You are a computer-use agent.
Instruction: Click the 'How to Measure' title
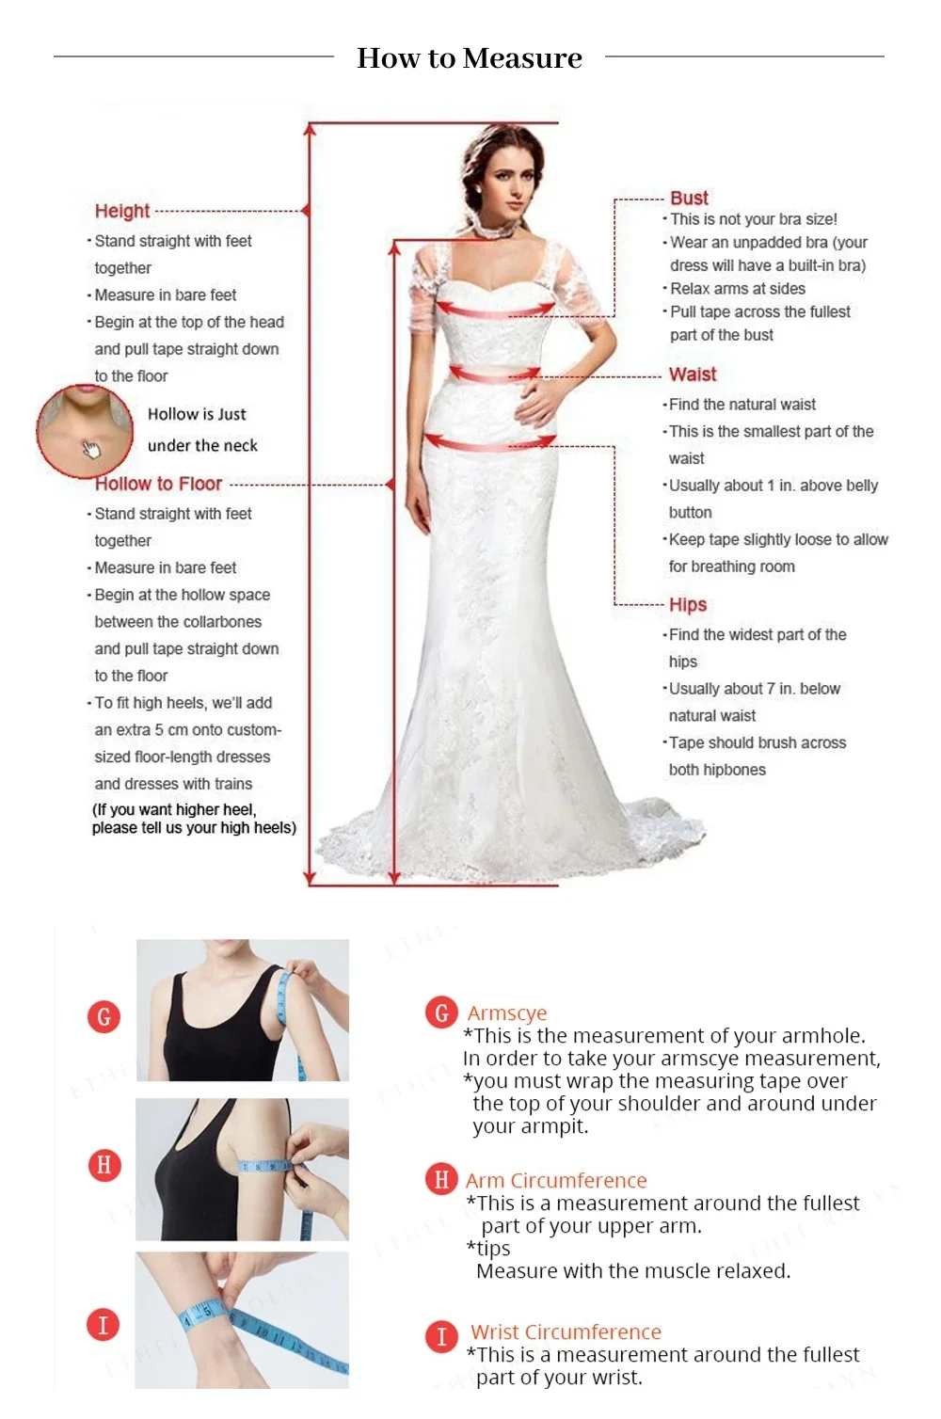(470, 58)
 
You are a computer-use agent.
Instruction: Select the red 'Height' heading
(122, 211)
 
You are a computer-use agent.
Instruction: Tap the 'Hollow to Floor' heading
(158, 484)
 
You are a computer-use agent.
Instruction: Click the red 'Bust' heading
(689, 199)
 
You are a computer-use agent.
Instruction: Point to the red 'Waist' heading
(693, 375)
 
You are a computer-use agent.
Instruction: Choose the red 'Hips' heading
(688, 605)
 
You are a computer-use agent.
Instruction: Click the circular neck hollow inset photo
(85, 430)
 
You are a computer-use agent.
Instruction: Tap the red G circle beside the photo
(104, 1016)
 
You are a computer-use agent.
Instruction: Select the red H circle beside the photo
(104, 1165)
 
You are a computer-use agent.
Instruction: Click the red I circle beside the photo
(104, 1325)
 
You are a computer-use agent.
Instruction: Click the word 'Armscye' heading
(507, 1013)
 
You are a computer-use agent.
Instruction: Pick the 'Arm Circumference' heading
(556, 1181)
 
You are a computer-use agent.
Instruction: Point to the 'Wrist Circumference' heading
(566, 1332)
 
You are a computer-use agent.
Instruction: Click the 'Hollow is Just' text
(197, 414)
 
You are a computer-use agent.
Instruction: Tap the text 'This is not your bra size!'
(753, 219)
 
